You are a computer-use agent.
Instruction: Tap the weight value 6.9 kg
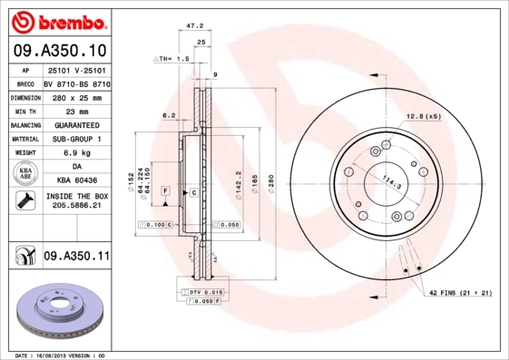[76, 154]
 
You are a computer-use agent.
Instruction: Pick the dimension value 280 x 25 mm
[76, 96]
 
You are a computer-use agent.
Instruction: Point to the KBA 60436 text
[76, 182]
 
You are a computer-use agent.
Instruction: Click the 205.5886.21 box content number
[76, 207]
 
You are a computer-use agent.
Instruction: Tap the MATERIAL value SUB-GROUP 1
[76, 139]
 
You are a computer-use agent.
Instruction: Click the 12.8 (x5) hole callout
[423, 116]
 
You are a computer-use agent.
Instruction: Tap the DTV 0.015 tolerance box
[205, 291]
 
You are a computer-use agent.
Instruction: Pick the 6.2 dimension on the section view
[168, 115]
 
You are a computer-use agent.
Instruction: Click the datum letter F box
[166, 191]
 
